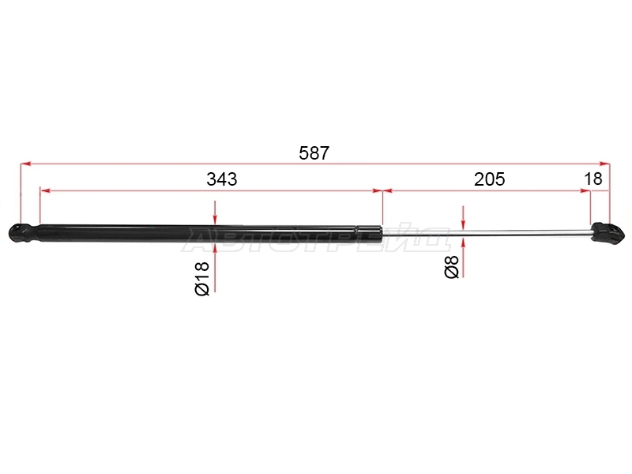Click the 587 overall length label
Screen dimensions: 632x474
[314, 153]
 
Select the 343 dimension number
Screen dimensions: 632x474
[222, 179]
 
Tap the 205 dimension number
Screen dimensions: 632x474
[489, 179]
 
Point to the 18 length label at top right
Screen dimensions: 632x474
[593, 179]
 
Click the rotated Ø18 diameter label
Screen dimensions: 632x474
[202, 278]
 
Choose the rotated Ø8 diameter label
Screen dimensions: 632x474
[451, 267]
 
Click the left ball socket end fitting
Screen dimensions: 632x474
[24, 233]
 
